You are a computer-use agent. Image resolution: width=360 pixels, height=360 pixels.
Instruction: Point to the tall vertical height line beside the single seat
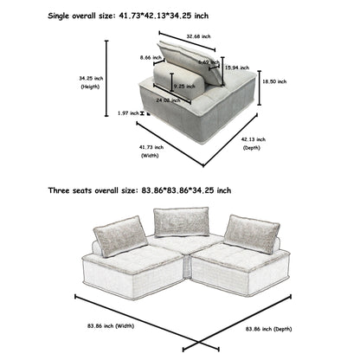(107, 82)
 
